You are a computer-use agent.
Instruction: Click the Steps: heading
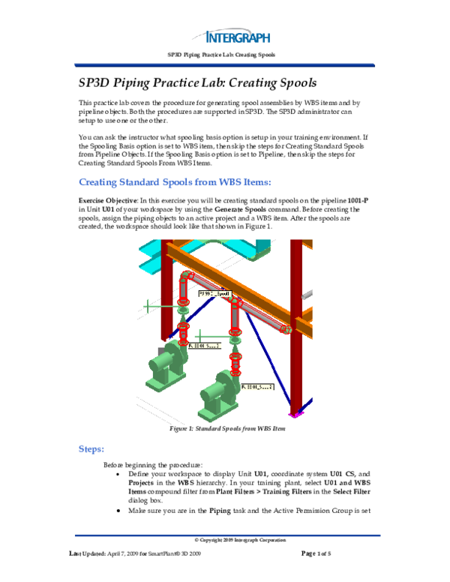tap(96, 448)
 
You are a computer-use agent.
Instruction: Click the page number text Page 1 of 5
tap(321, 553)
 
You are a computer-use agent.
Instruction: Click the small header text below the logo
tap(224, 55)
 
